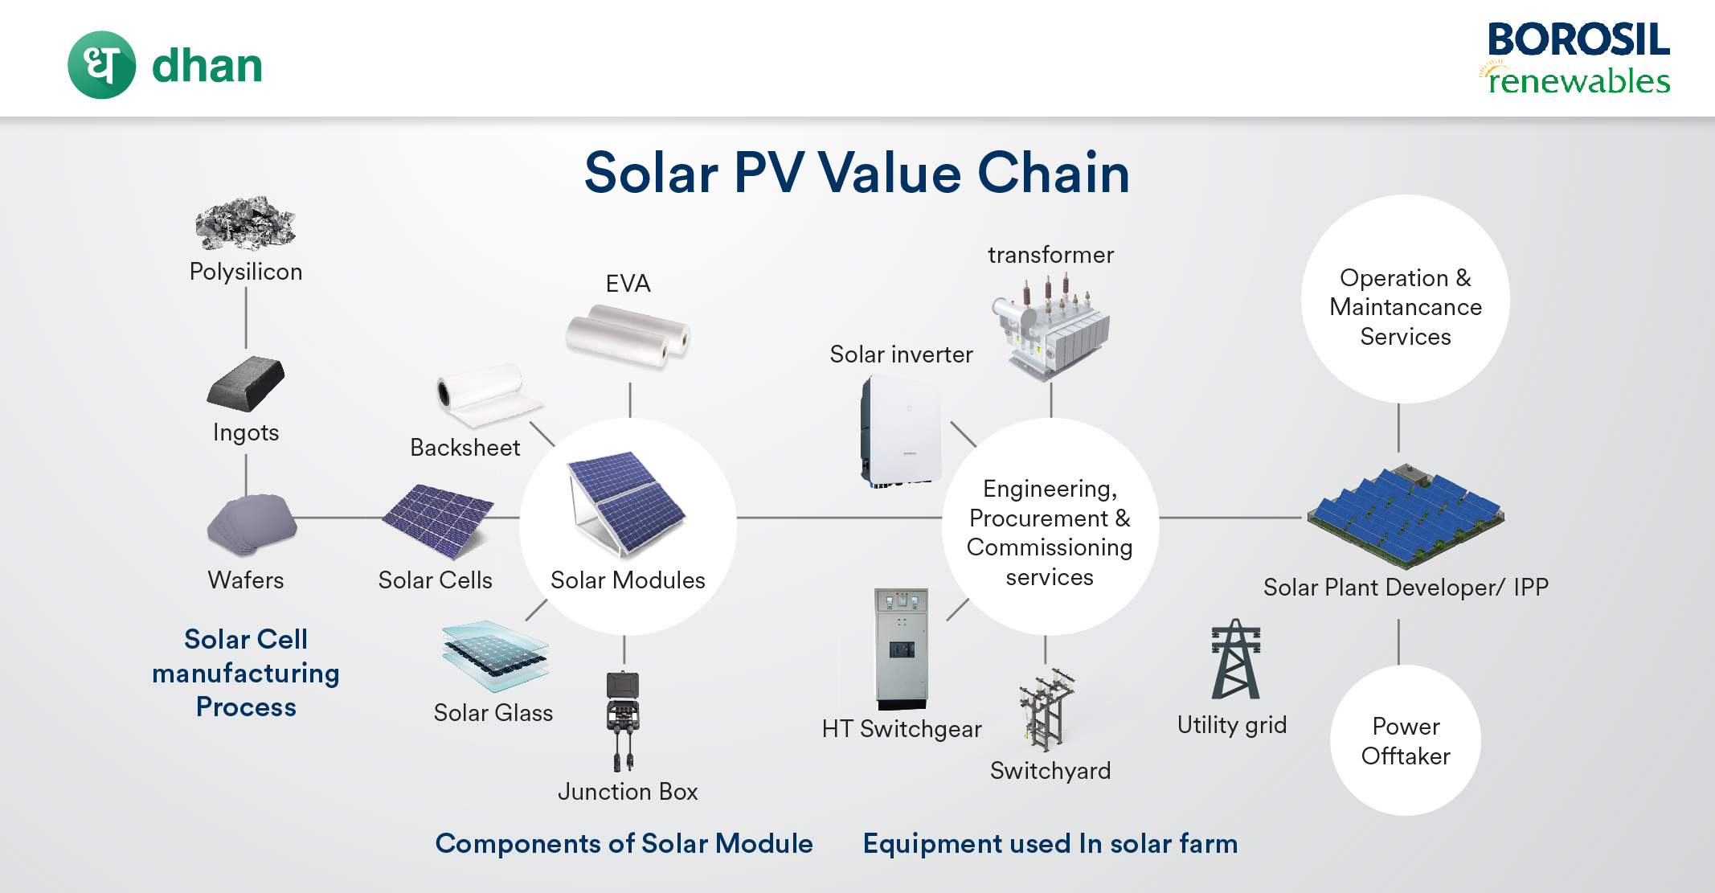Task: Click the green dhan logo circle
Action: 102,65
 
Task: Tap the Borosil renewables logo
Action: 1576,59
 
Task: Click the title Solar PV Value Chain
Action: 857,173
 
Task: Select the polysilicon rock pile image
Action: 245,223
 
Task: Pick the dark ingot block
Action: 246,383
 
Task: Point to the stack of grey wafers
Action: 252,524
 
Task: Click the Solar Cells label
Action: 435,580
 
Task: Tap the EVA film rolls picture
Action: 628,335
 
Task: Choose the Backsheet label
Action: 465,448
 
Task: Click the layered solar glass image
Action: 495,656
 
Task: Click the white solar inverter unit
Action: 901,431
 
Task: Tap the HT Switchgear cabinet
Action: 901,649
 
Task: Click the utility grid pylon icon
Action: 1236,659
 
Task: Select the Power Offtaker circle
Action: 1406,740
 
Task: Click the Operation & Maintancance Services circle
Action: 1406,299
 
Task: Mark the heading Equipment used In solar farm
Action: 1050,844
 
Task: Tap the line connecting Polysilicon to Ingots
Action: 246,318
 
